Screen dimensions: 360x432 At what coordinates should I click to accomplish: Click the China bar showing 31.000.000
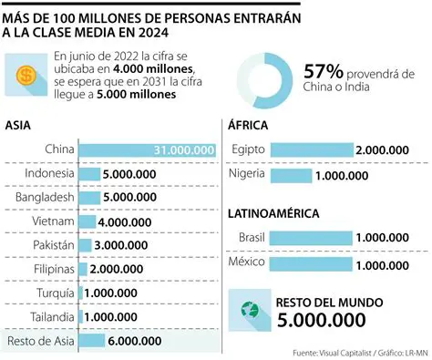coord(148,150)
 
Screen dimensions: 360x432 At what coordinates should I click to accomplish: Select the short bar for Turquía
coord(81,293)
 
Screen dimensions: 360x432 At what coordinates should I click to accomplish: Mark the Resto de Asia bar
coord(91,341)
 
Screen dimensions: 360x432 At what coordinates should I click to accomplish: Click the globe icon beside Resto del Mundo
coord(244,310)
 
